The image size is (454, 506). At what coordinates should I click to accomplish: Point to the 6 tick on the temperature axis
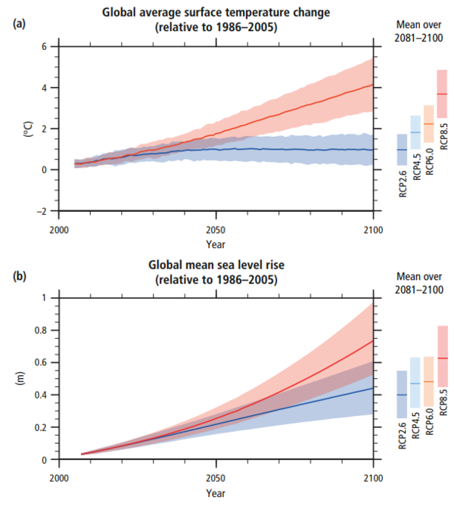pos(45,47)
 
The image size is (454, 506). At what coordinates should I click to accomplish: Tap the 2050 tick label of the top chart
pos(216,230)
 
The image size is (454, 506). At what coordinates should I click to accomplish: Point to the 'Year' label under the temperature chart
pos(216,244)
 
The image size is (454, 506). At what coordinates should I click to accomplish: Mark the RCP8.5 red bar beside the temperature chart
pos(441,94)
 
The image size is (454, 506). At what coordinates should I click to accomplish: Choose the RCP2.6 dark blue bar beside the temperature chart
pos(402,151)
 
